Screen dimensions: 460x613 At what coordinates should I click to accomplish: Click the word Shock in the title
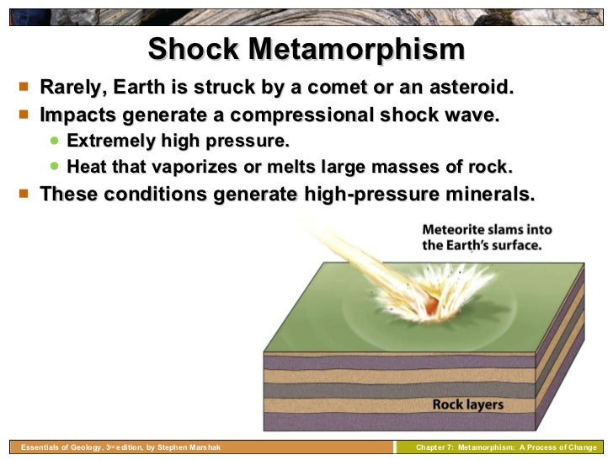pos(196,49)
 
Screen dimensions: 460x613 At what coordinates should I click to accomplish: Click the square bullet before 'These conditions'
pos(23,193)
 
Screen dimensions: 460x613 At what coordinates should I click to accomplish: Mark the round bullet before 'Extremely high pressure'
pos(55,140)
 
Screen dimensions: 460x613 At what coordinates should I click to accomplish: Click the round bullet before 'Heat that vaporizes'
pos(55,166)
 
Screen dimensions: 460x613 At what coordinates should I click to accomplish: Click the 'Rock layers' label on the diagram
pos(467,404)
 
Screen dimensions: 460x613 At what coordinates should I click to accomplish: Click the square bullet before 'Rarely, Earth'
pos(23,88)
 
